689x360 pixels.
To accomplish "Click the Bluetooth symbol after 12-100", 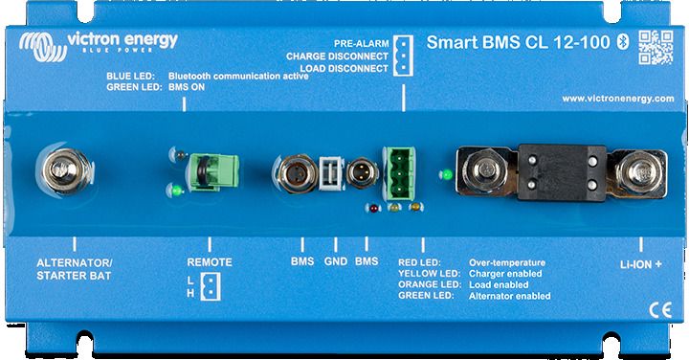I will coord(618,42).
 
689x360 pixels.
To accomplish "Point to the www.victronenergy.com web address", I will coord(617,99).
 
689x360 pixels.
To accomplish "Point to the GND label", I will coord(334,259).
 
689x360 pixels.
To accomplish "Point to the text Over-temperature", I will coord(506,261).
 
